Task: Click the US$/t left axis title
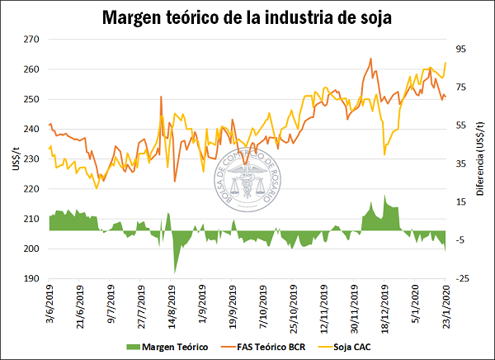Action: point(11,159)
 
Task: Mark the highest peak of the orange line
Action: point(371,59)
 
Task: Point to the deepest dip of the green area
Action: point(174,272)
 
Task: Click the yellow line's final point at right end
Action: point(445,62)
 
